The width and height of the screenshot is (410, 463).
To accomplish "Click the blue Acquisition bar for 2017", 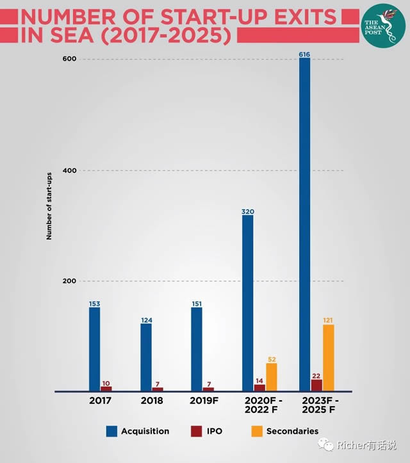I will [x=94, y=349].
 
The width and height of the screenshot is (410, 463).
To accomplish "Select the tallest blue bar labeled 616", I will [x=304, y=224].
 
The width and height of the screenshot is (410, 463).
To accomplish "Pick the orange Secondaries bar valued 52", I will [x=272, y=377].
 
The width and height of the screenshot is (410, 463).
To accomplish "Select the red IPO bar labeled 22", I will [x=316, y=384].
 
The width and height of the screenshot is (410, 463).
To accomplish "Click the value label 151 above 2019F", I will [x=196, y=304].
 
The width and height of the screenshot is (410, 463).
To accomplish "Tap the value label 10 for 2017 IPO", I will [x=106, y=383].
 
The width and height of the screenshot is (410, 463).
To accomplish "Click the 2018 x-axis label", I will [x=152, y=401].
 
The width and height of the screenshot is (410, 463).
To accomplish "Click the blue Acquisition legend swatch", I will [x=112, y=431].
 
